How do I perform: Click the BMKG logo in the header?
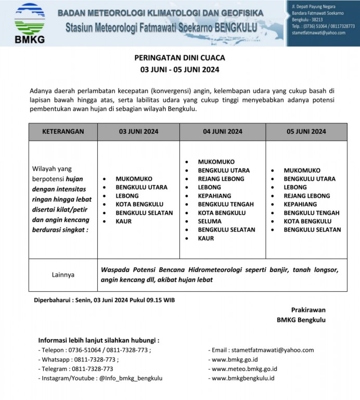[30, 23]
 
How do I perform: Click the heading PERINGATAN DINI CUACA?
[179, 58]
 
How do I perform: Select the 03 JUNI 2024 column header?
[138, 132]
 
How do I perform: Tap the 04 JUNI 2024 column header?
[223, 132]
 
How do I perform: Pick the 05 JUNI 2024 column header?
[306, 132]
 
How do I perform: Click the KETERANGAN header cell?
[63, 132]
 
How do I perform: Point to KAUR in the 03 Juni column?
[123, 221]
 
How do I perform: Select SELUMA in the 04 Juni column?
[210, 221]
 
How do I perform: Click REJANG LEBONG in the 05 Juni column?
[306, 196]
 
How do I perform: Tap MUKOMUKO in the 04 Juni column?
[216, 162]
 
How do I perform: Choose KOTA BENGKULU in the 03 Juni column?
[139, 204]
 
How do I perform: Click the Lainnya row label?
[62, 274]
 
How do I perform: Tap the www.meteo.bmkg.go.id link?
[245, 369]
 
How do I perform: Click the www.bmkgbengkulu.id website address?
[243, 378]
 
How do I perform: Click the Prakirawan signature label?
[308, 310]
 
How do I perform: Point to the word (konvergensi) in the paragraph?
[180, 92]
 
